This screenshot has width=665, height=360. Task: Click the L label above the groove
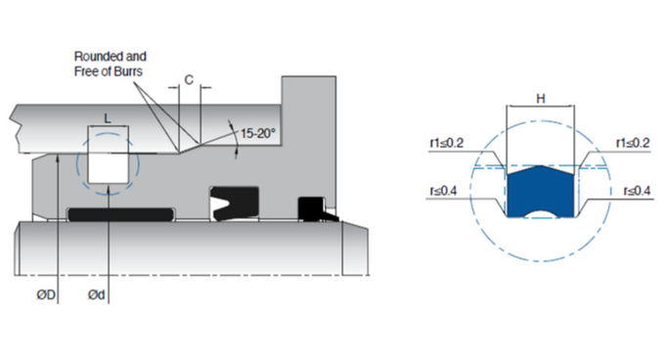pyautogui.click(x=108, y=116)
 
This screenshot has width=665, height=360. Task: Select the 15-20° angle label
pyautogui.click(x=259, y=129)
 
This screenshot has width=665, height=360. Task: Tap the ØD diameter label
pyautogui.click(x=46, y=293)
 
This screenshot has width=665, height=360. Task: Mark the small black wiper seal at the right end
pyautogui.click(x=311, y=208)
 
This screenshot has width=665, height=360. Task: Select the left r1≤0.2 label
pyautogui.click(x=446, y=143)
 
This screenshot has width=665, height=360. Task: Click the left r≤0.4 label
pyautogui.click(x=446, y=192)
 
